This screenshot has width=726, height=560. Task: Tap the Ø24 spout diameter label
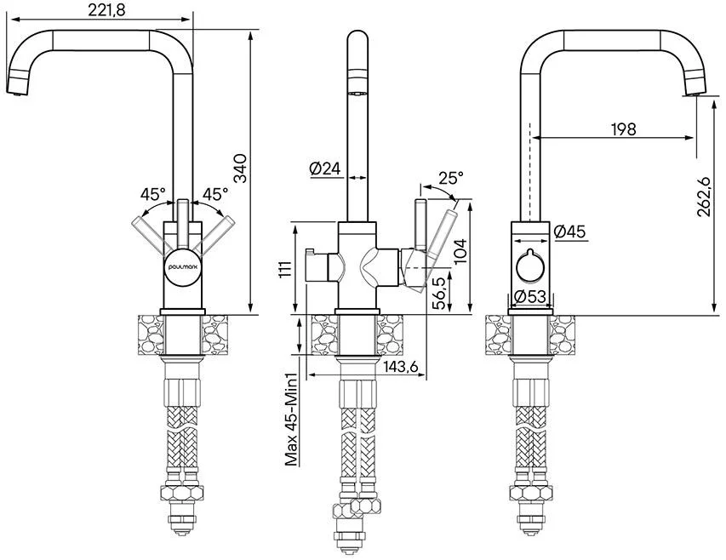[325, 169]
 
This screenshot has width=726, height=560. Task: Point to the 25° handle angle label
[451, 179]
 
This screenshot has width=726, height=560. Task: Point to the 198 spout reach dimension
[623, 129]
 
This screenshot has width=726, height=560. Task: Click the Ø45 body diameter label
[569, 231]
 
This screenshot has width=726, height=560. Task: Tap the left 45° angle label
[153, 195]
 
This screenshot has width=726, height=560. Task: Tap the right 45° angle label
[213, 195]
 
